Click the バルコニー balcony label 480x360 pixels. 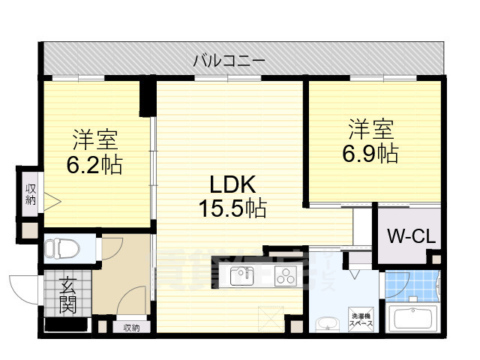pos(228,61)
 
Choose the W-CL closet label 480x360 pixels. pos(410,236)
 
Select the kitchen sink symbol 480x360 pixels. pos(241,276)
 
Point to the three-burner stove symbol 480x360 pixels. pos(285,276)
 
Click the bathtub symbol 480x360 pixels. pos(416,318)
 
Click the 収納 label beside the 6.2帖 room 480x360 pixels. pos(31,193)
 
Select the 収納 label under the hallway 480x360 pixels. pos(131,327)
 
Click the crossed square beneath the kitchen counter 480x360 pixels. pos(269,319)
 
